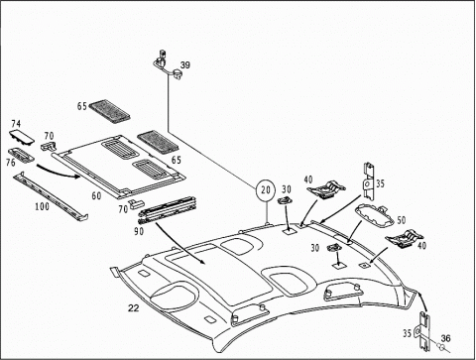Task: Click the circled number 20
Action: coord(266,190)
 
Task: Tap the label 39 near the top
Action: coord(185,65)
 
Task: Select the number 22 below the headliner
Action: coord(134,308)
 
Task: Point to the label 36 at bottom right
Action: coord(445,338)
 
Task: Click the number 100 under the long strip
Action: coord(42,206)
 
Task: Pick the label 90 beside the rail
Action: coord(139,231)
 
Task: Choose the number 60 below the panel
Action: coord(96,196)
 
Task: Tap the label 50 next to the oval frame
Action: coord(402,220)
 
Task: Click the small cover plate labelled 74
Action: coord(22,137)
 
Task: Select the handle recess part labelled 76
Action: coord(21,155)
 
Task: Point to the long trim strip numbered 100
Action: coord(51,196)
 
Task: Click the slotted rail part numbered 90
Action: coord(167,211)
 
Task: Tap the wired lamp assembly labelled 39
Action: coord(167,64)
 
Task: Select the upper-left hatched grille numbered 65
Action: coord(109,111)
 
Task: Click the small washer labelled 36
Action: coord(440,346)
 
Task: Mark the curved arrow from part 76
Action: coord(58,172)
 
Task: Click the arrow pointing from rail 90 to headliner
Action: coord(180,243)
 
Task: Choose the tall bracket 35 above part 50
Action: coord(369,181)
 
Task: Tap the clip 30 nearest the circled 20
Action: coord(284,200)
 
